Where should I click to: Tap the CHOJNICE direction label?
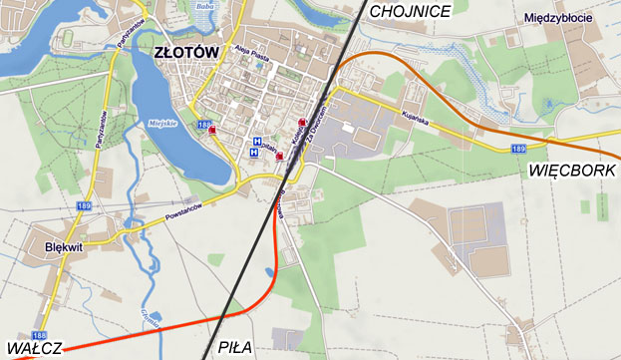click(x=410, y=11)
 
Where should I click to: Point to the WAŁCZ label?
click(x=33, y=348)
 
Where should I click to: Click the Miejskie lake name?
click(x=161, y=123)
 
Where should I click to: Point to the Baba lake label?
click(x=206, y=6)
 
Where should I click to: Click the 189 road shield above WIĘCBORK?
click(x=518, y=149)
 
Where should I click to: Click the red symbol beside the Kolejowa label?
click(x=302, y=124)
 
